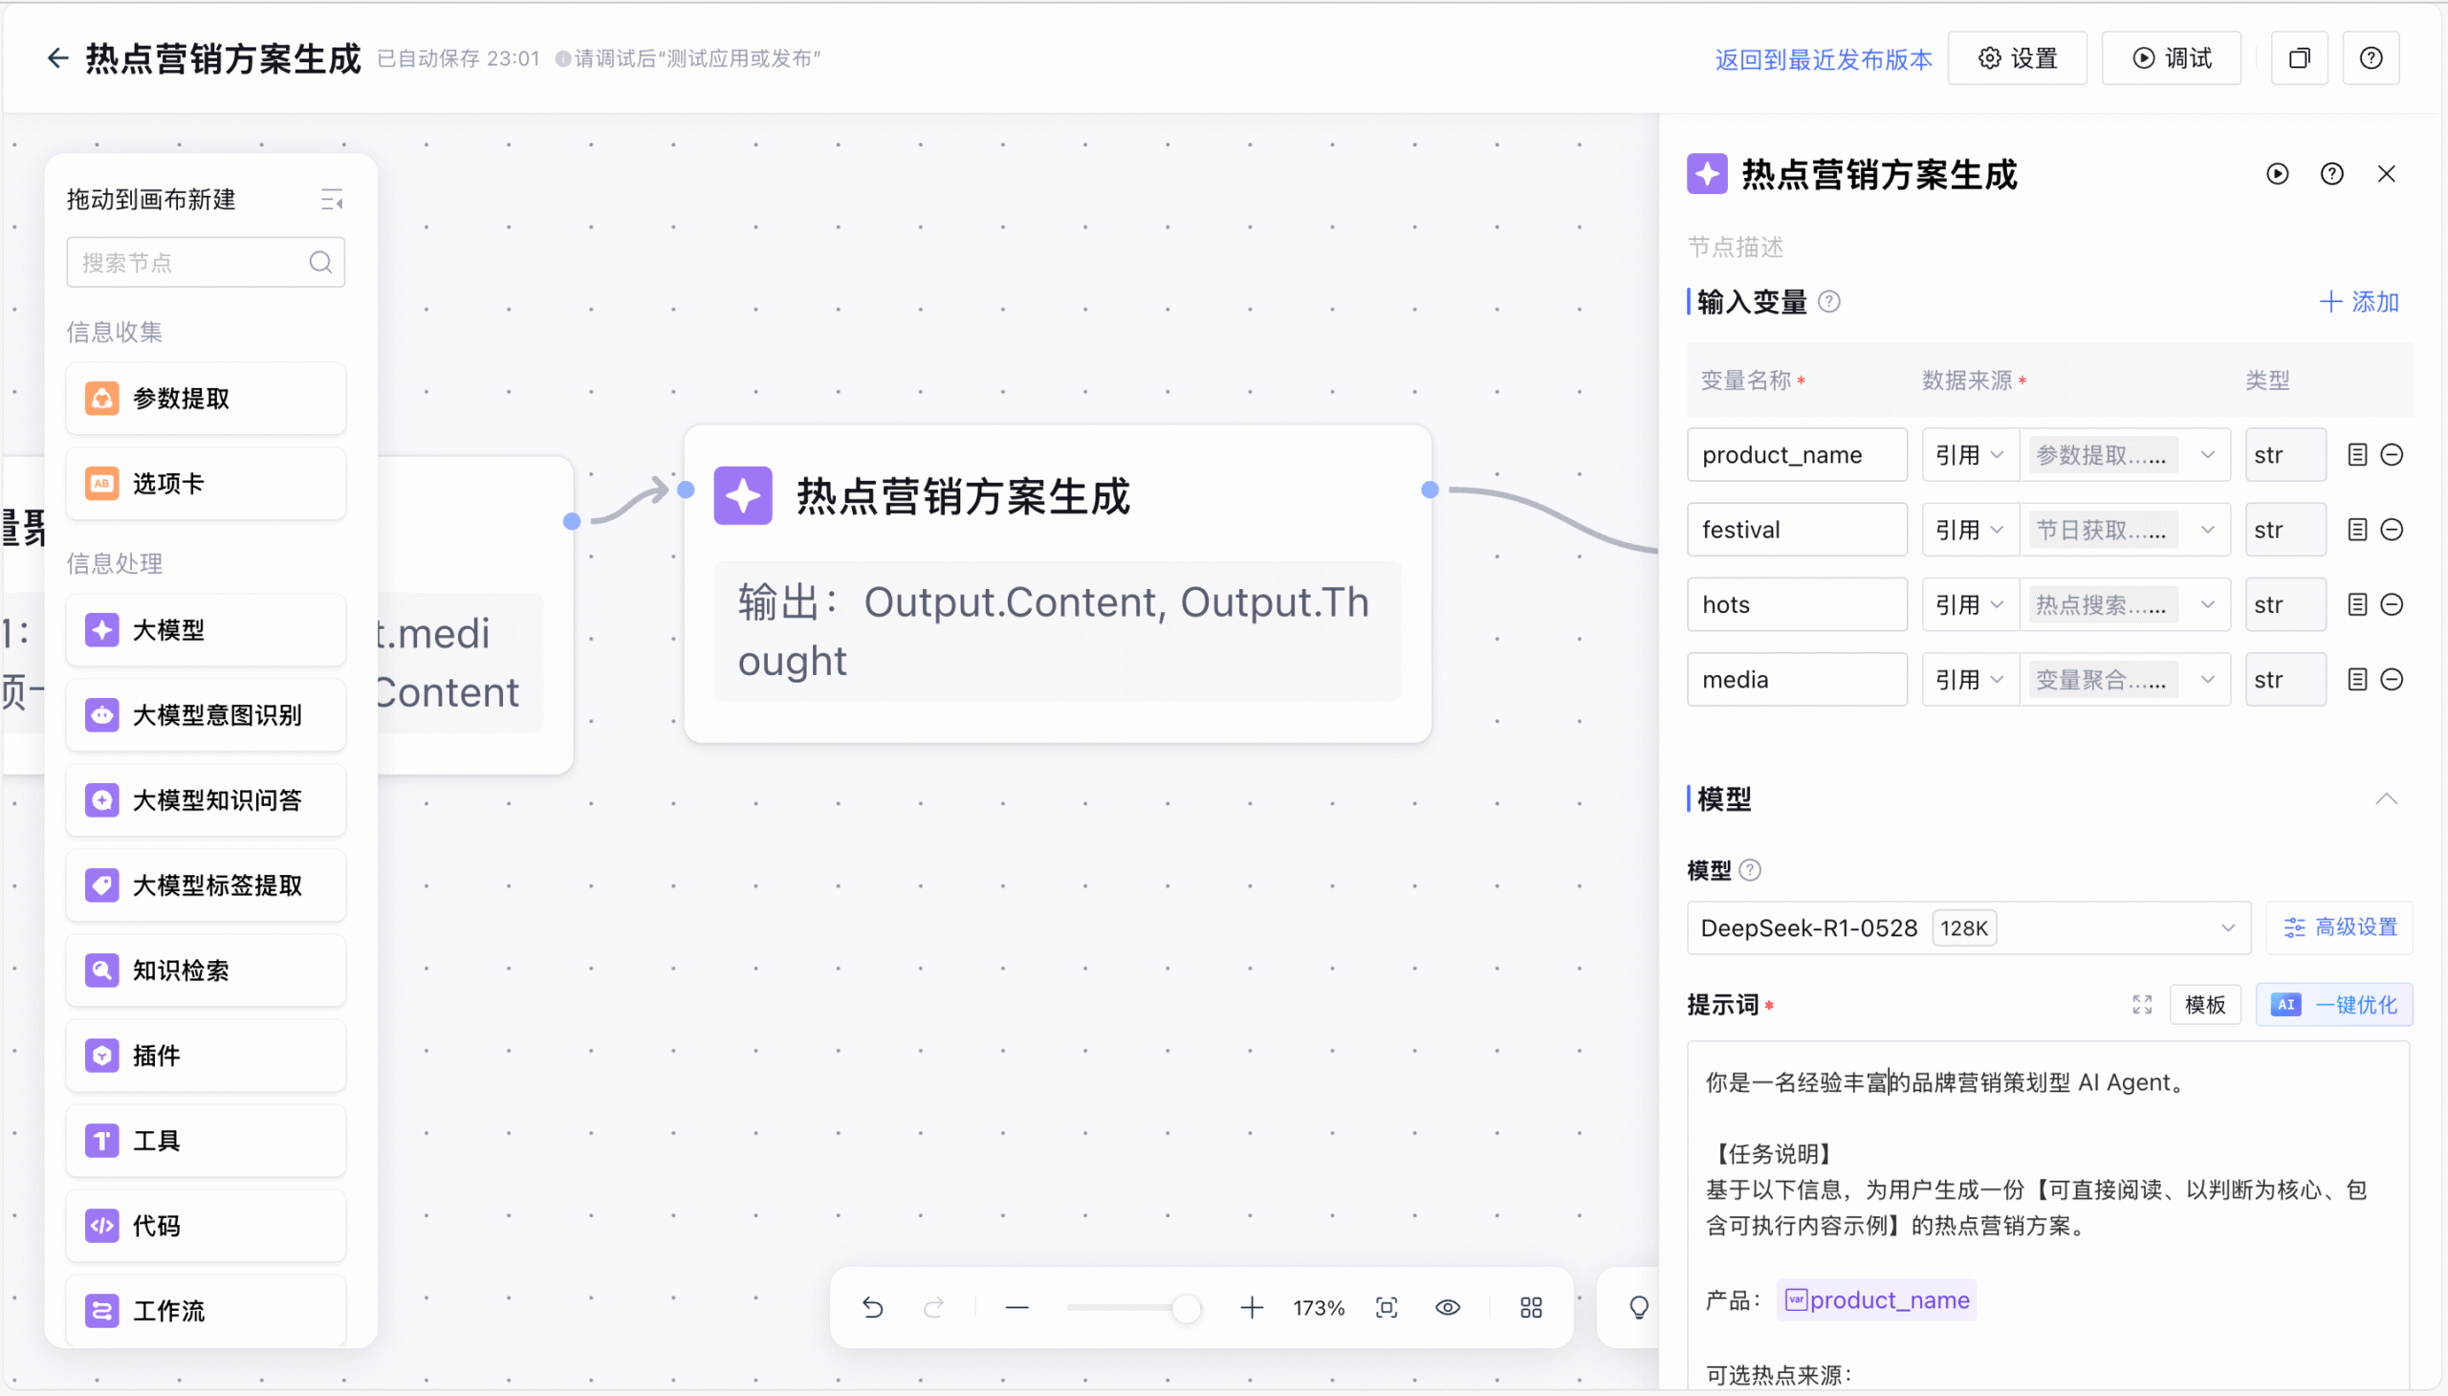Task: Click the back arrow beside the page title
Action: pos(57,58)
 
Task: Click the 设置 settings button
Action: pos(2017,58)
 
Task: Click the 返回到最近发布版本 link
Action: pos(1823,59)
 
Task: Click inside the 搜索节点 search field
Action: pos(192,263)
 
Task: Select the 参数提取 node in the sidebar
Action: pos(206,399)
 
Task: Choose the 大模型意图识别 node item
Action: pos(206,715)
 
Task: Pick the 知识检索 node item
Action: pos(206,971)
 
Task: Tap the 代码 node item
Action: pos(206,1226)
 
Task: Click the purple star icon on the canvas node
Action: pos(743,495)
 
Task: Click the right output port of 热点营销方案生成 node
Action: pos(1430,490)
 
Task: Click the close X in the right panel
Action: pos(2386,173)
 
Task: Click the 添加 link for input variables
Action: pos(2359,302)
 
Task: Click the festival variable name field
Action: pos(1796,530)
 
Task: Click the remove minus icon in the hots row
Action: pos(2392,604)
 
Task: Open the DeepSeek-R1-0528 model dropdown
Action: pos(1968,928)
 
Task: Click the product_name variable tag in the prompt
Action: pos(1876,1300)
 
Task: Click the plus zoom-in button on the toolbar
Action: pos(1252,1308)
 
